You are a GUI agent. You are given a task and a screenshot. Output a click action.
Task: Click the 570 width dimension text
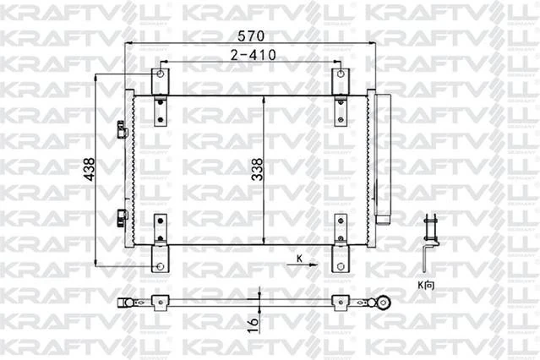pyautogui.click(x=249, y=36)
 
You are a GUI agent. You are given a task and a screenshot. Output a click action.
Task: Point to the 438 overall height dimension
pyautogui.click(x=88, y=172)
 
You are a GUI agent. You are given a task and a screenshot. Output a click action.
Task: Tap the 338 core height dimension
pyautogui.click(x=256, y=172)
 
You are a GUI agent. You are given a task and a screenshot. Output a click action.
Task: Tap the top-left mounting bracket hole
pyautogui.click(x=158, y=74)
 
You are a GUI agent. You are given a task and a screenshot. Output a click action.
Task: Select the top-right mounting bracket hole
pyautogui.click(x=340, y=74)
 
